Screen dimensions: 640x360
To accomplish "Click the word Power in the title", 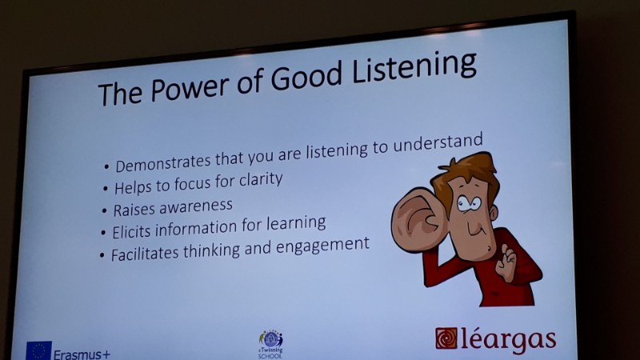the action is [190, 88].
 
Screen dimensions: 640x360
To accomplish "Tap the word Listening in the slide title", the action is [414, 68].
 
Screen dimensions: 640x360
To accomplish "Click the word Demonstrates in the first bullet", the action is [163, 162].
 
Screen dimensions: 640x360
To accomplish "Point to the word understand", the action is [438, 143].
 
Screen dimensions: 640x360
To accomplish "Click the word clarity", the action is [261, 180].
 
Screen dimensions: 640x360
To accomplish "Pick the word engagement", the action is [322, 246].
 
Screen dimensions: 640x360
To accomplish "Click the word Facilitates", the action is [145, 254].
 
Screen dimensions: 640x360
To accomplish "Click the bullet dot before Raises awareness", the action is [105, 210].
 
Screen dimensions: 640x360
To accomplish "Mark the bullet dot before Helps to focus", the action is [106, 189].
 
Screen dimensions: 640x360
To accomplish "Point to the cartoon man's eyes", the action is [470, 203].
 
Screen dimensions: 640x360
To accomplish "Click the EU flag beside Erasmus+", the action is [38, 350].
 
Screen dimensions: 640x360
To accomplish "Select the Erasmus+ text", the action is [82, 354].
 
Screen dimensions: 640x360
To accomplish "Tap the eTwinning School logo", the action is [270, 345].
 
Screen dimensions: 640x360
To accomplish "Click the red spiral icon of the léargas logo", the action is [446, 338].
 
